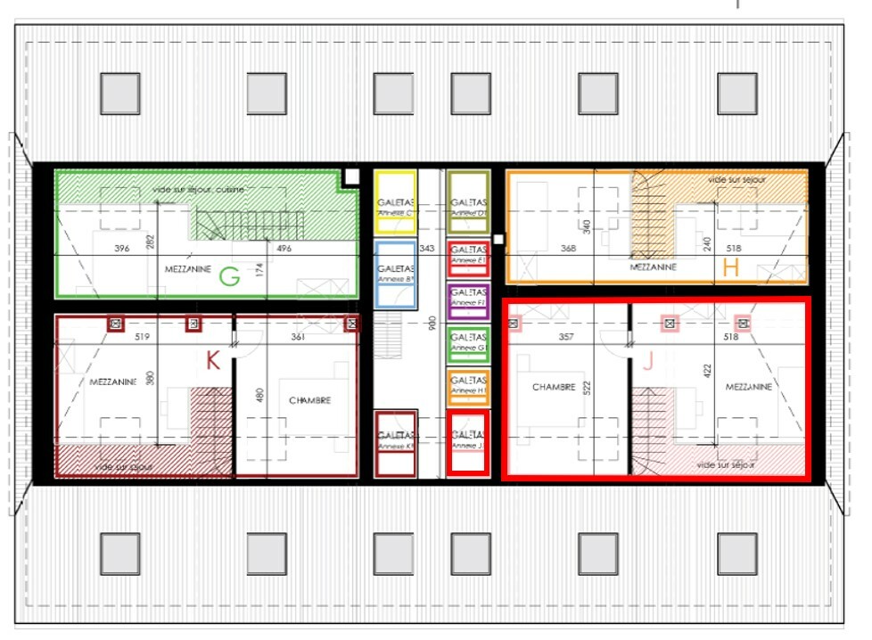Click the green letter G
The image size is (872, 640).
[x=229, y=277]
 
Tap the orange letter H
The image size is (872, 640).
[x=731, y=268]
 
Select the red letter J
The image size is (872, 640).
[x=647, y=362]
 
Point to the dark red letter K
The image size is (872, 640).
[x=212, y=361]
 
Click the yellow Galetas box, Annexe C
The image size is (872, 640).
[x=395, y=201]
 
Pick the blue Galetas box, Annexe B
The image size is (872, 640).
[x=395, y=274]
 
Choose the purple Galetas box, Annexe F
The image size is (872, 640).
[x=468, y=299]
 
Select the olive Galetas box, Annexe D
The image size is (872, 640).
[x=468, y=201]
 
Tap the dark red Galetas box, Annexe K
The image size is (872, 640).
[x=395, y=443]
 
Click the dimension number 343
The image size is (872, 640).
[x=426, y=248]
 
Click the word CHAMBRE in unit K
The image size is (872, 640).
[x=309, y=400]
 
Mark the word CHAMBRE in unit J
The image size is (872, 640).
[x=554, y=387]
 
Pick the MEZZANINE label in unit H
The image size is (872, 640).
[x=654, y=267]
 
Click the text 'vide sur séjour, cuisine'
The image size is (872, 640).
[x=198, y=189]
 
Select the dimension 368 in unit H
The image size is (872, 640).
[x=568, y=248]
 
